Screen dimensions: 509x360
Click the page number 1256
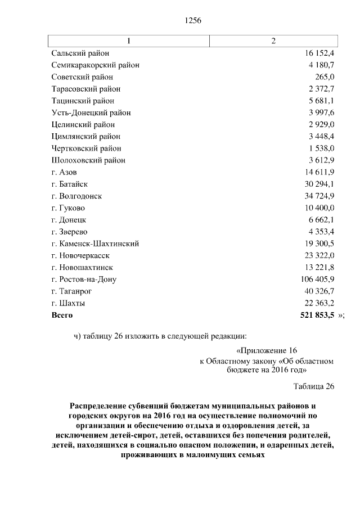coord(193,21)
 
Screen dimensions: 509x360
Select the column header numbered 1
coord(129,41)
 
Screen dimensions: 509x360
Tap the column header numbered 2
coord(273,41)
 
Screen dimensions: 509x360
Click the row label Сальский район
coord(80,53)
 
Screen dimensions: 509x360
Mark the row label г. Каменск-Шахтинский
coord(95,244)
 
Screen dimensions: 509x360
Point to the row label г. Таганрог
coord(71,291)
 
